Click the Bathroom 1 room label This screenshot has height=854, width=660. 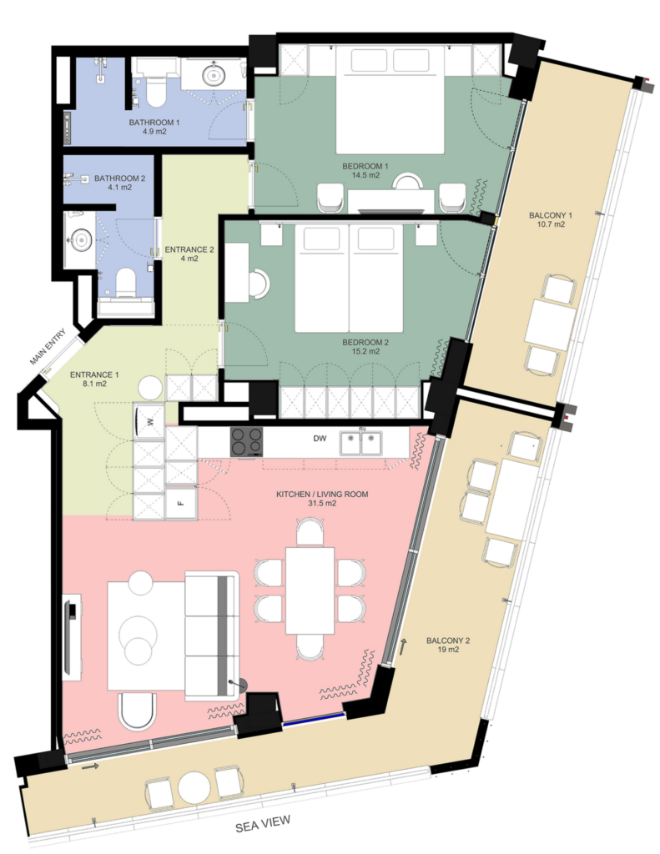coord(154,123)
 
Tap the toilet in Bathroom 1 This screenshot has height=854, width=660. coord(156,92)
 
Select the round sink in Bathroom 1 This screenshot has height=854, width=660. coord(214,74)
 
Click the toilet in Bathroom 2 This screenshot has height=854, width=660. coord(126,283)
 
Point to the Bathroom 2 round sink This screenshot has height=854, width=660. coord(81,239)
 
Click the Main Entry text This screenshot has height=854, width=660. coord(48,346)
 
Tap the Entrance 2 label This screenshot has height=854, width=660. coord(189,249)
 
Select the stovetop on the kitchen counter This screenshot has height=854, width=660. coord(246,442)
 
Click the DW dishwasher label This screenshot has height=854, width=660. coord(320,439)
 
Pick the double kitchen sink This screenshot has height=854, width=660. coord(360,443)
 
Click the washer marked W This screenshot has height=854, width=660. coord(149,420)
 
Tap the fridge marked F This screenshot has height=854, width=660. coord(181,502)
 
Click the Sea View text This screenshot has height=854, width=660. coord(263,824)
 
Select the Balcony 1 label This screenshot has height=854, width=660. coord(551,215)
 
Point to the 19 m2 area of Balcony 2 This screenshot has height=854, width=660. coord(448,650)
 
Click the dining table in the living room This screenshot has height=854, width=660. coord(310,590)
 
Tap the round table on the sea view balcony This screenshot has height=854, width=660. coord(194,788)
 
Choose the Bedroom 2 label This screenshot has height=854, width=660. coord(365,343)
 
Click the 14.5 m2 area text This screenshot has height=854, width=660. coord(365,175)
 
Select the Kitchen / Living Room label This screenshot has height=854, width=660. coord(322,495)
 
